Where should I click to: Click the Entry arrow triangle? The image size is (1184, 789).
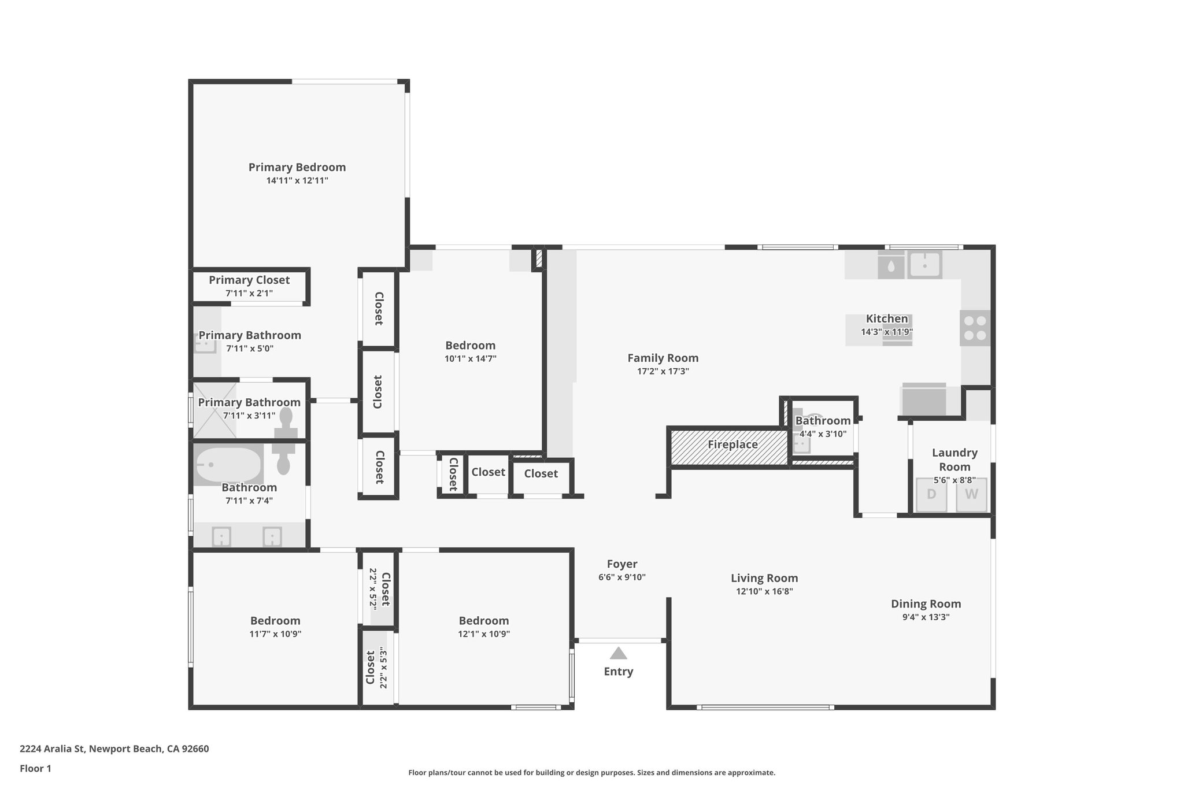coord(618,653)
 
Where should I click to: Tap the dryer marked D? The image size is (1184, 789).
coord(931,494)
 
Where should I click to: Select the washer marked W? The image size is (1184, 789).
coord(971,494)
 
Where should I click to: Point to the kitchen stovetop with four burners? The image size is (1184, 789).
coord(975,328)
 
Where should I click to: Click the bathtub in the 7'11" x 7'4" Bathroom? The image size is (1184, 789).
coord(228,465)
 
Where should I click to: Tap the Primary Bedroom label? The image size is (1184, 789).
coord(297,167)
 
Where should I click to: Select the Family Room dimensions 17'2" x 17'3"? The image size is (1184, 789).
coord(663,372)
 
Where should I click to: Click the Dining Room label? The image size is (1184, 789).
coord(926,604)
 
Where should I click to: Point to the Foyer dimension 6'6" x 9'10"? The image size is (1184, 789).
coord(622,577)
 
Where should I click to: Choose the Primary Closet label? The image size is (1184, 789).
coord(249,280)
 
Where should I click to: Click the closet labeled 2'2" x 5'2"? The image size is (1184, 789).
coord(379,589)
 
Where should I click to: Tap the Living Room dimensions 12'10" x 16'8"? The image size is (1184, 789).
coord(764,591)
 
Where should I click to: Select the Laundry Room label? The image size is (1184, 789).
coord(954,460)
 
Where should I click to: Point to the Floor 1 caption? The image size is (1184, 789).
coord(35,768)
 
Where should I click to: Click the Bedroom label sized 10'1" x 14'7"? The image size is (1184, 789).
coord(470,345)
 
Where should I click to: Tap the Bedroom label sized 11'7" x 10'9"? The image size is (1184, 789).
coord(275,620)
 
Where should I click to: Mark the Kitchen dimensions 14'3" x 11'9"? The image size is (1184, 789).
coord(886,332)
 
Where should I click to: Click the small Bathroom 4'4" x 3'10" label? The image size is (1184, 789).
coord(823,421)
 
